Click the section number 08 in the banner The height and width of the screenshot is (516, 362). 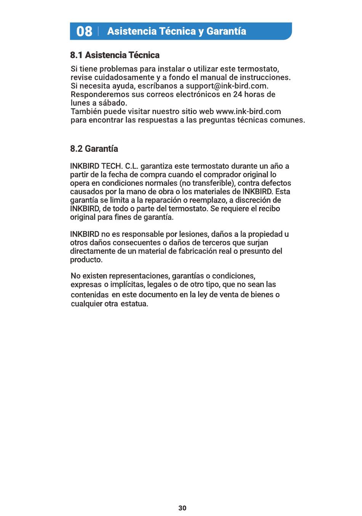(84, 31)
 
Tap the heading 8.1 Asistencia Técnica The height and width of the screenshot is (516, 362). (115, 55)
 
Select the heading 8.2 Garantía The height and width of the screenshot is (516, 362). (94, 149)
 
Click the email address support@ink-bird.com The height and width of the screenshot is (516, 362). (227, 86)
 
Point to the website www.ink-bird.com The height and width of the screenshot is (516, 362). (248, 112)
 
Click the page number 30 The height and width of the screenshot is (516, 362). (183, 508)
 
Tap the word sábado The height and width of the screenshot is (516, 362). (113, 103)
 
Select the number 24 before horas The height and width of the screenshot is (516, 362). (237, 95)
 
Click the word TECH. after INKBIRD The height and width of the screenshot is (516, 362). (112, 166)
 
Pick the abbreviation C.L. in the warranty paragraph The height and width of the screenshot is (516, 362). (132, 166)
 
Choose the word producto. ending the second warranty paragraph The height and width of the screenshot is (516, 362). (86, 260)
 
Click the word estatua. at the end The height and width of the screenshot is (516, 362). (134, 304)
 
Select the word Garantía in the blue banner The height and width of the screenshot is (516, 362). (226, 31)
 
